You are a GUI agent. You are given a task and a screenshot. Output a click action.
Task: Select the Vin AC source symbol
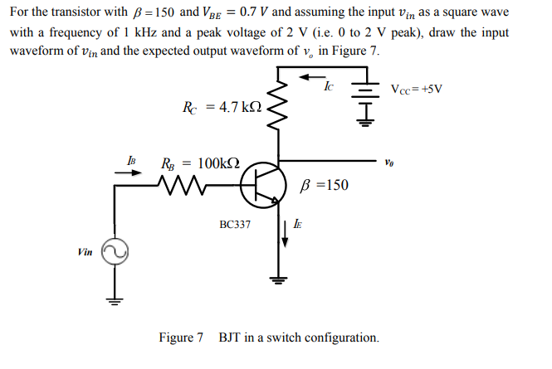click(113, 252)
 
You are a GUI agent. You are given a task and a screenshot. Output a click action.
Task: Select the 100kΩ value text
click(212, 163)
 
